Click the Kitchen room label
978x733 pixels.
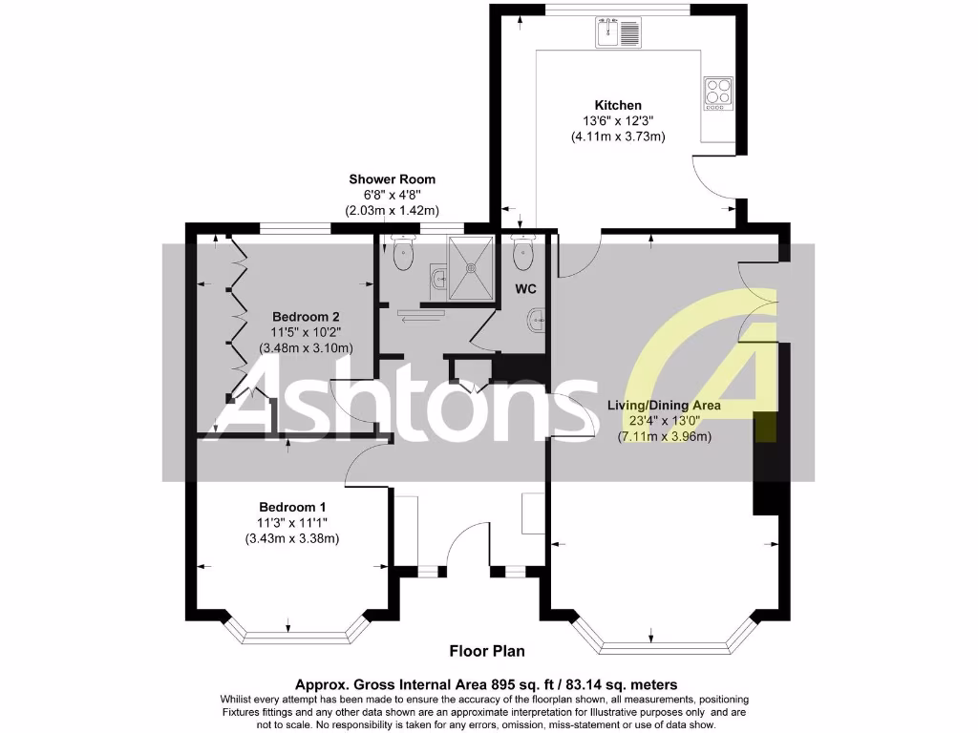618,105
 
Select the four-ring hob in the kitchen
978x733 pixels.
717,93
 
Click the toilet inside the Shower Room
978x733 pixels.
403,252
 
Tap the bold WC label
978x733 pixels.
526,287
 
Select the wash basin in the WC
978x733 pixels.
539,322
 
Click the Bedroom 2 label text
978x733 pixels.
306,316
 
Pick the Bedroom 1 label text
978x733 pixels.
292,507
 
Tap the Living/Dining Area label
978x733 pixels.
664,406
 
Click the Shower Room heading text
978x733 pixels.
392,178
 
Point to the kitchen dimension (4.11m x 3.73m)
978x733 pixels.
618,136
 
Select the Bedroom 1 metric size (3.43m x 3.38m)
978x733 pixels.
292,538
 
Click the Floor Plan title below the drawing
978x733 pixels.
487,652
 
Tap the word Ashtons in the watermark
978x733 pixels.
401,401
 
